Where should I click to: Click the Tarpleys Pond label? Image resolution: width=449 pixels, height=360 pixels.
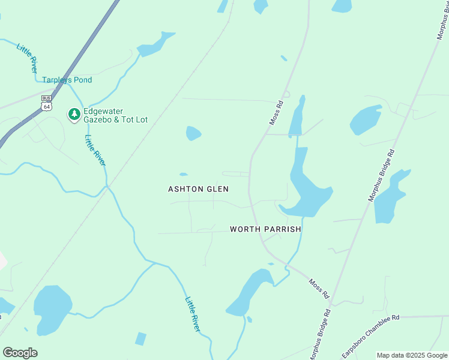67,80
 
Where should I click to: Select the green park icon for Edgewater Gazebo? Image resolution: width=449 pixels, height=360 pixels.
74,114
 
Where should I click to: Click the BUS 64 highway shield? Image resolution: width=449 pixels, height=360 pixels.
46,103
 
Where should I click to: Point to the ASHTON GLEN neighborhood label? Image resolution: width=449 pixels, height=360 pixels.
198,189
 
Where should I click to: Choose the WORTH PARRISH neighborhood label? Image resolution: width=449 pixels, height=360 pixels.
265,229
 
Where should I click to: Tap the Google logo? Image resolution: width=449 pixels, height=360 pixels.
20,352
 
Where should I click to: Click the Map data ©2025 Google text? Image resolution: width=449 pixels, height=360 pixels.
412,355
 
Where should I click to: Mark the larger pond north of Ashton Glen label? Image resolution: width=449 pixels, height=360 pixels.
193,133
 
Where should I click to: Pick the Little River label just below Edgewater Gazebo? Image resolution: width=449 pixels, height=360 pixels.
95,150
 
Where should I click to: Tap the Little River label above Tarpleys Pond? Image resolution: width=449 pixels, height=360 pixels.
27,59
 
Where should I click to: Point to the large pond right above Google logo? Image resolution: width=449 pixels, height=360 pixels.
52,308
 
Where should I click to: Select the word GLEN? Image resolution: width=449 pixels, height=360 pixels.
218,189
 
